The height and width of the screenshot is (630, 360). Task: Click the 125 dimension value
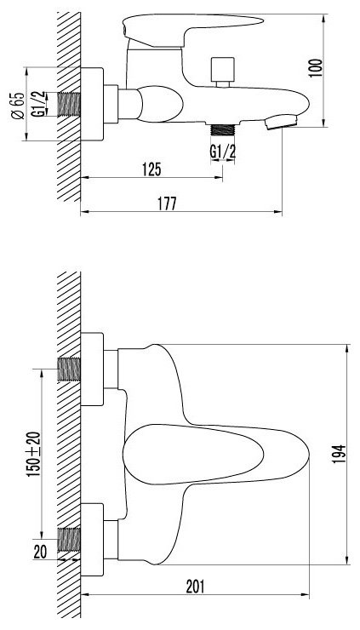click(151, 169)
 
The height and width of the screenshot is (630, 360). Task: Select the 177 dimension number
click(167, 203)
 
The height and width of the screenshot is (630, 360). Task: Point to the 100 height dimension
click(317, 68)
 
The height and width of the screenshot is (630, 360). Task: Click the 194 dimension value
click(339, 454)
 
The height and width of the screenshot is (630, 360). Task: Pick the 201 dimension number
click(195, 587)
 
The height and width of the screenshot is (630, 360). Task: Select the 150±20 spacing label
click(34, 454)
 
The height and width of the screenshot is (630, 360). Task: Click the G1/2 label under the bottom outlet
click(223, 152)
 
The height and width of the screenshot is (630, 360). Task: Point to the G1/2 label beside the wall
click(37, 104)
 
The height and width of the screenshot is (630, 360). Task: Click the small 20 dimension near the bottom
click(40, 552)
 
